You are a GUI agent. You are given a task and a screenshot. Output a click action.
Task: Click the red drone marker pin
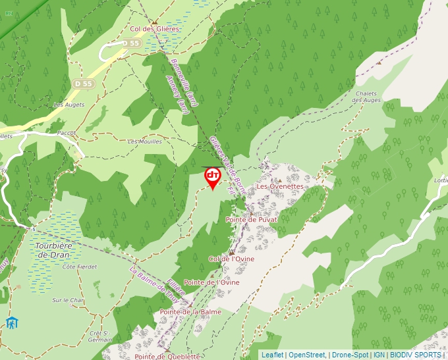[213, 177]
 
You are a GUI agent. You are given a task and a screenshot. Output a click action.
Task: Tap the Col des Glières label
[155, 30]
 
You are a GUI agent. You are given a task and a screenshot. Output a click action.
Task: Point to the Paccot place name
[67, 132]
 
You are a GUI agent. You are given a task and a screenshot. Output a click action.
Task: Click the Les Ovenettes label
[280, 186]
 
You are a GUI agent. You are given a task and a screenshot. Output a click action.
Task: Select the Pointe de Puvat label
[251, 219]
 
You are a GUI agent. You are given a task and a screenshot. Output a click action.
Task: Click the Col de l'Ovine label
[231, 259]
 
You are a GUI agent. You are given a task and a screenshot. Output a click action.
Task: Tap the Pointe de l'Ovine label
[211, 282]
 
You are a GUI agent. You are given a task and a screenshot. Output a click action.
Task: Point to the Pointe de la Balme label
[190, 312]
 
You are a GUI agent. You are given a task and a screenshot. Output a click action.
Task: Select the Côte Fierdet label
[79, 267]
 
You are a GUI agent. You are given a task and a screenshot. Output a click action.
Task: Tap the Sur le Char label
[69, 300]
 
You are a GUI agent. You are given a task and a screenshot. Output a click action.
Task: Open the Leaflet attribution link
[272, 355]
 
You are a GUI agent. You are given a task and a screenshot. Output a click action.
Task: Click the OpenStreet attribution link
[306, 355]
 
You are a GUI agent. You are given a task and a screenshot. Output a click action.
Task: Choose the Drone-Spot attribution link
[350, 355]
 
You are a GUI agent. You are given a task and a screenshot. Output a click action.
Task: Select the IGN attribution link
[379, 355]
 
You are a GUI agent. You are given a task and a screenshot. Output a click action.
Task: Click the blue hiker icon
[12, 323]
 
